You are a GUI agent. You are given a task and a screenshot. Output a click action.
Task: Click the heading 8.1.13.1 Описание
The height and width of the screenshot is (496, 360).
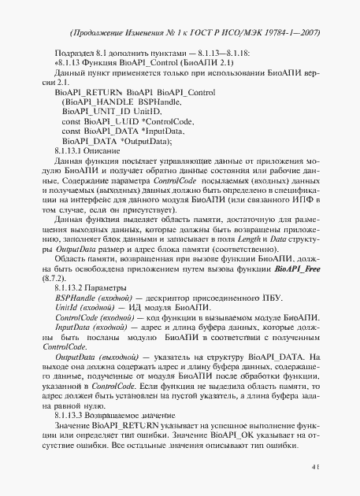pos(87,150)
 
